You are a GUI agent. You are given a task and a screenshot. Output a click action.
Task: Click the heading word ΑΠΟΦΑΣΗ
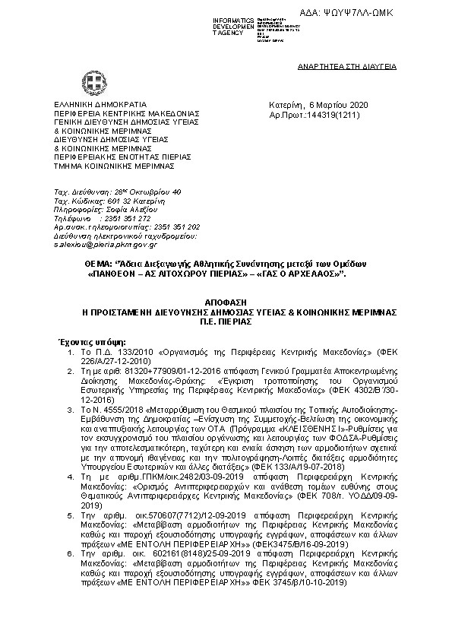(x=225, y=300)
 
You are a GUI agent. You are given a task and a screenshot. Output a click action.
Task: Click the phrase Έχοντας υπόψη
(x=81, y=343)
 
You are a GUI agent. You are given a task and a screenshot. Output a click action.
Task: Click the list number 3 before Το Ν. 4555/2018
(x=71, y=408)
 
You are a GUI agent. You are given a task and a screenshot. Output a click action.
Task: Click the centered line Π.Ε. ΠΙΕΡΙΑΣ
(x=225, y=322)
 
